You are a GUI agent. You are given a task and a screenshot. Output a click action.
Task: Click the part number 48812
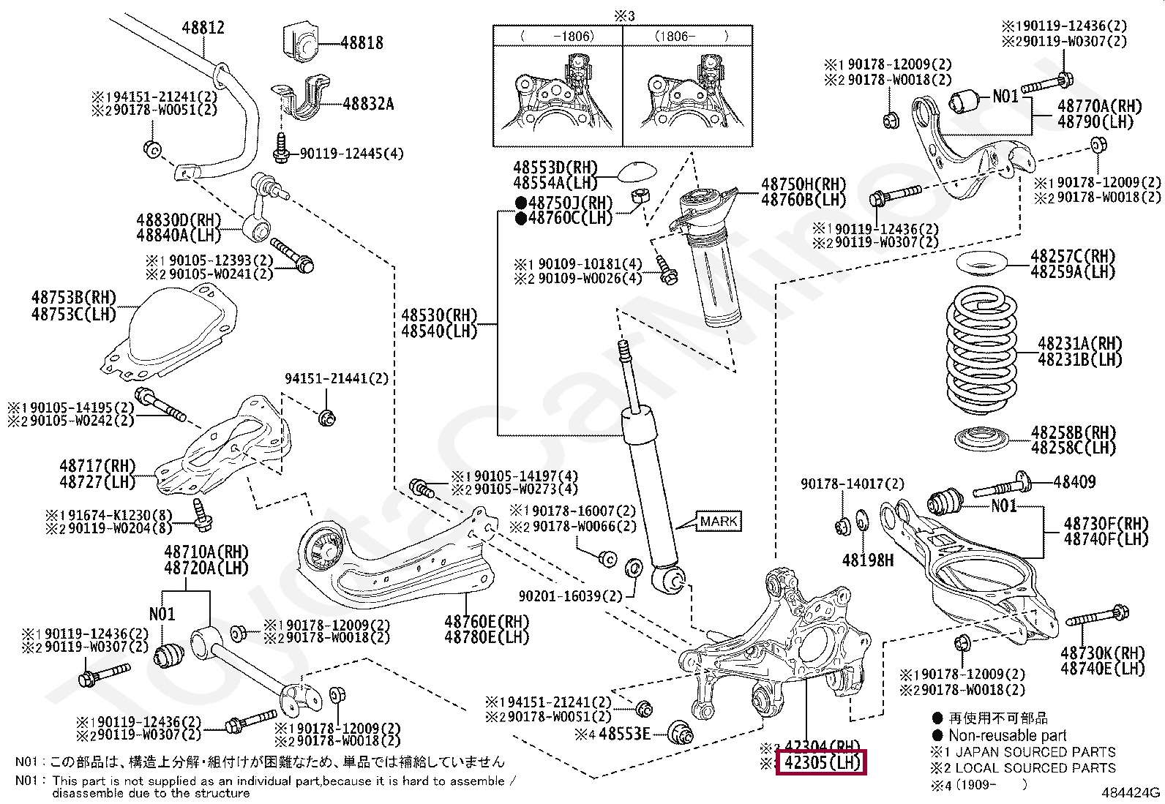(x=203, y=28)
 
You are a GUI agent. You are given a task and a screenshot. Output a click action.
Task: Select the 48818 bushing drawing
(x=300, y=44)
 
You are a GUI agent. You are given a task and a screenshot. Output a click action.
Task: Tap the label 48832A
(x=368, y=104)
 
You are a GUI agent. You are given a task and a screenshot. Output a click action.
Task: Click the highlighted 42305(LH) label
(x=821, y=762)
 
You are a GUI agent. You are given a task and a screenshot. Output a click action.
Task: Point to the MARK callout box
(x=719, y=521)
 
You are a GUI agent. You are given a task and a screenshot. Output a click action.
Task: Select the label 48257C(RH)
(x=1072, y=257)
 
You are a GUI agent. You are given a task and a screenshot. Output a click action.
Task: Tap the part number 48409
(x=1074, y=481)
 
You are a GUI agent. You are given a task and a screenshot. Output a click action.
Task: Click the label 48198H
(x=867, y=560)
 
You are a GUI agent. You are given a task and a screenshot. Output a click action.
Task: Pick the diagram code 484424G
(x=1131, y=792)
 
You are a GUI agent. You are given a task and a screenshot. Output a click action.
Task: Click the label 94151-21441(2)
(x=337, y=378)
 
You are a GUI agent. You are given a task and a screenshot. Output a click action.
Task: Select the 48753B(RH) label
(x=74, y=298)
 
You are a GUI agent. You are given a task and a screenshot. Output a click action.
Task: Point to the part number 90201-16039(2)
(x=570, y=596)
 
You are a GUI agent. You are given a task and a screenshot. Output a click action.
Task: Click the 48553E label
(x=624, y=733)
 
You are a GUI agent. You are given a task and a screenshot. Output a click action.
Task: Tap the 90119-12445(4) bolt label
(x=351, y=154)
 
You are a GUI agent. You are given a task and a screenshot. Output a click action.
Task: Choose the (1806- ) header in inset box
(x=687, y=36)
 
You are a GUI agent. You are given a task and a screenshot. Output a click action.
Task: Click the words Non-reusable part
(x=1007, y=735)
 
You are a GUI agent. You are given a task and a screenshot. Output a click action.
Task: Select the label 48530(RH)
(x=439, y=315)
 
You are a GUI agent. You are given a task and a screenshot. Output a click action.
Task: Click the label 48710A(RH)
(x=206, y=552)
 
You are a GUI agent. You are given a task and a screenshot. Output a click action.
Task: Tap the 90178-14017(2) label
(x=852, y=484)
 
